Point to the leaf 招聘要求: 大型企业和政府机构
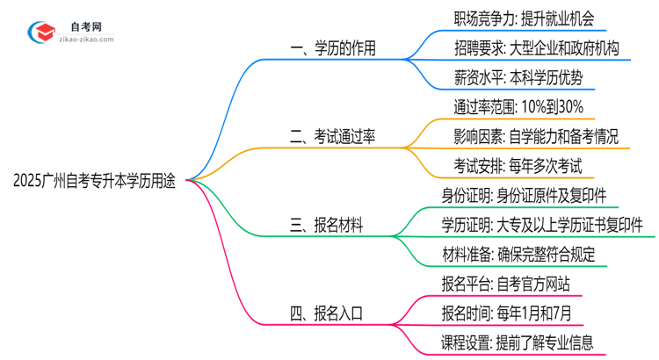(x=530, y=48)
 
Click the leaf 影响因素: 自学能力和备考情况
(x=530, y=137)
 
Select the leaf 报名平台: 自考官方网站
(x=505, y=283)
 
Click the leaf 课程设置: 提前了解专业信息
(x=518, y=342)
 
